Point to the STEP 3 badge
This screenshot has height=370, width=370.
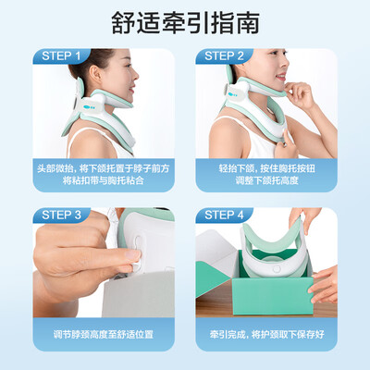(x=63, y=216)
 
